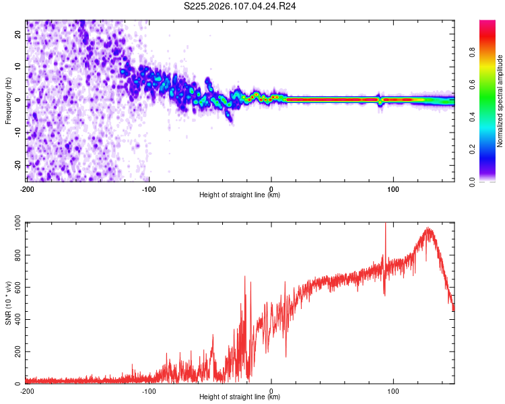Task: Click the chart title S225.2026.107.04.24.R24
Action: point(240,6)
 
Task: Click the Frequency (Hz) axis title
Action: point(8,100)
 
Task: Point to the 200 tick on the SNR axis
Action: point(16,351)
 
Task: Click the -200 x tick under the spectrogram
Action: point(27,189)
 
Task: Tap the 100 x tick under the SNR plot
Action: point(393,391)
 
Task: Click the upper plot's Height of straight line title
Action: point(240,195)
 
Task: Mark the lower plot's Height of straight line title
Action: point(240,397)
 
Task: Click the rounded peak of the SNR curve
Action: point(428,230)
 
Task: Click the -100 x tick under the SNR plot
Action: point(149,391)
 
